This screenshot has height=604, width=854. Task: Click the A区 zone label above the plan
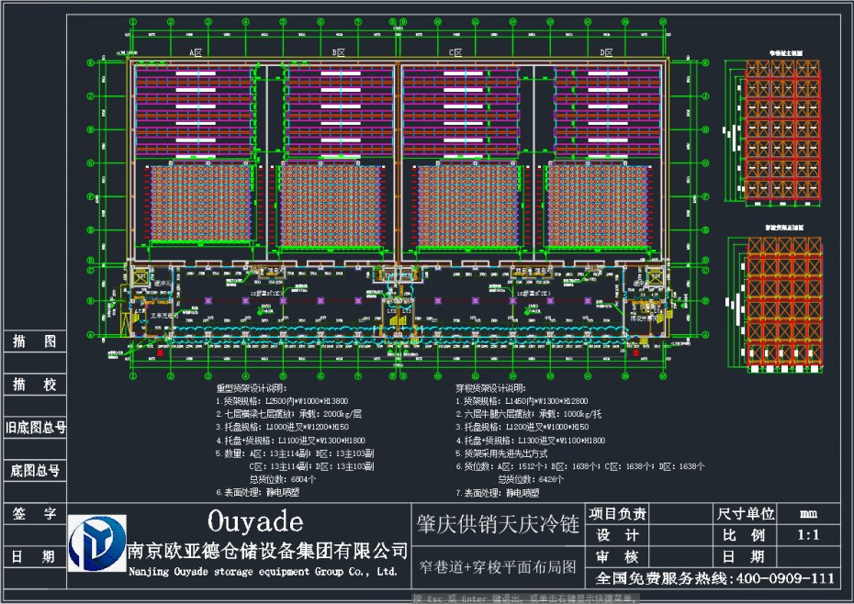coord(196,53)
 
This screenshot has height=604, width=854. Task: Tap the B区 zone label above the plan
coord(338,53)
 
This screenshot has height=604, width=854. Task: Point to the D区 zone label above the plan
coord(606,53)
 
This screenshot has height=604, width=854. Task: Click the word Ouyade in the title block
coord(254,523)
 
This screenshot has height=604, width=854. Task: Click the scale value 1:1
coord(809,535)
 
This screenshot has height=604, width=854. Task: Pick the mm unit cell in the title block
coord(809,513)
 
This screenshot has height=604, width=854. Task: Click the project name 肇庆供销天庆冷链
coord(498,525)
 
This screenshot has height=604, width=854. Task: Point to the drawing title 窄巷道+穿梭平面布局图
coord(498,566)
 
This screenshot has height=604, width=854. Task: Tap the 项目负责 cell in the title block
coord(617,513)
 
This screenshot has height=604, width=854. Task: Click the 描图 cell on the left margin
coord(34,342)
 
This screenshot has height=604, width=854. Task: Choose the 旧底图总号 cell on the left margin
coord(34,427)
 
